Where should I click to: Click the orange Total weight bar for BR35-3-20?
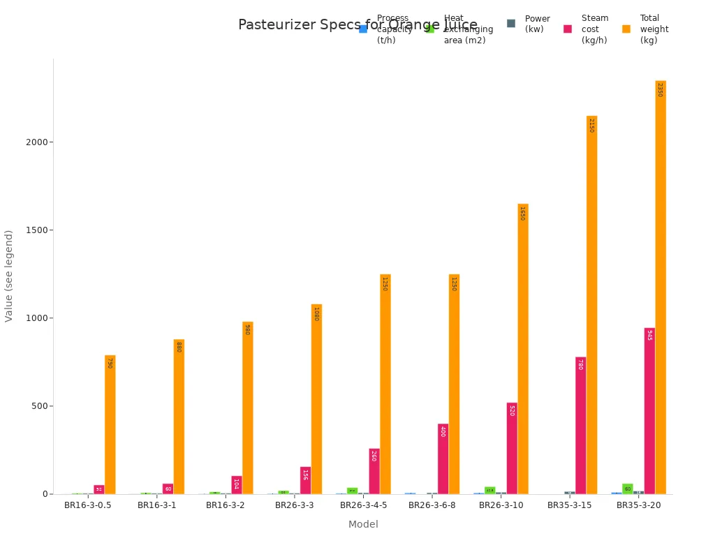661,287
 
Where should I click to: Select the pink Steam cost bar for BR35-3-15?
580,425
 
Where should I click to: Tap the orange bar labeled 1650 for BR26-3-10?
523,348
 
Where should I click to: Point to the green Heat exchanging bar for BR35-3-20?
627,489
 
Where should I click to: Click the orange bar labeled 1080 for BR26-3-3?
316,399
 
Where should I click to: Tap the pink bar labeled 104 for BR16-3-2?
237,484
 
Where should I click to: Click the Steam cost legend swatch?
568,29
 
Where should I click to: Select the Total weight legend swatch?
626,29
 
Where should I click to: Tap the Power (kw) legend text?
537,24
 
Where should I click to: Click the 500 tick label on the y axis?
39,406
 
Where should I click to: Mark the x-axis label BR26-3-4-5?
363,505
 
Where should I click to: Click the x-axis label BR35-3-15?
569,505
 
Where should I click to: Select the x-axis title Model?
363,524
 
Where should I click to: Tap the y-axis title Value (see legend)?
9,276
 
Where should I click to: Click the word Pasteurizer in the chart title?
274,25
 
